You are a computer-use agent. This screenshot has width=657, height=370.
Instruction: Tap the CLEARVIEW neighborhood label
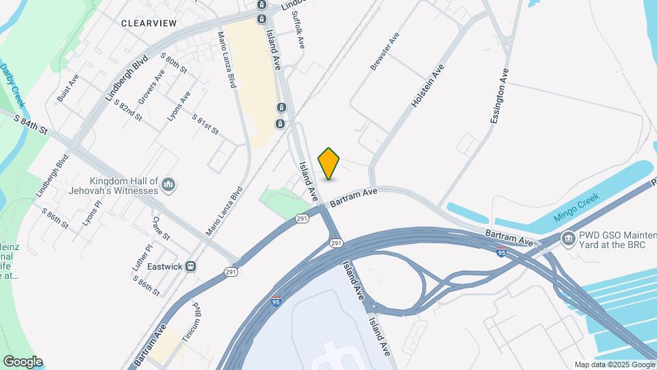click(x=149, y=23)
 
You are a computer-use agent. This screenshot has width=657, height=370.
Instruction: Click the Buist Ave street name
click(x=68, y=88)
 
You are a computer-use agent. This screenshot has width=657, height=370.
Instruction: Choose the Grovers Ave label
click(x=151, y=87)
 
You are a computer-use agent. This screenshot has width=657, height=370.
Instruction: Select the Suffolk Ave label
click(x=297, y=29)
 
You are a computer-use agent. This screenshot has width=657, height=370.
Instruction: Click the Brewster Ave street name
click(x=384, y=51)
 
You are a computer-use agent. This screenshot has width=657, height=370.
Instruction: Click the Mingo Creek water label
click(x=576, y=206)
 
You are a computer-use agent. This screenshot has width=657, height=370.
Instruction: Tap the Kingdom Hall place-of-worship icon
click(x=169, y=184)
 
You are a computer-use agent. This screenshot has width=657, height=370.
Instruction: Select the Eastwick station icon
click(x=192, y=266)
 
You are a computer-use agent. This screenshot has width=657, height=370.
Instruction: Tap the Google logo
click(x=23, y=362)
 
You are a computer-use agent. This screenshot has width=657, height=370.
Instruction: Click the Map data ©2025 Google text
click(x=614, y=365)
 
